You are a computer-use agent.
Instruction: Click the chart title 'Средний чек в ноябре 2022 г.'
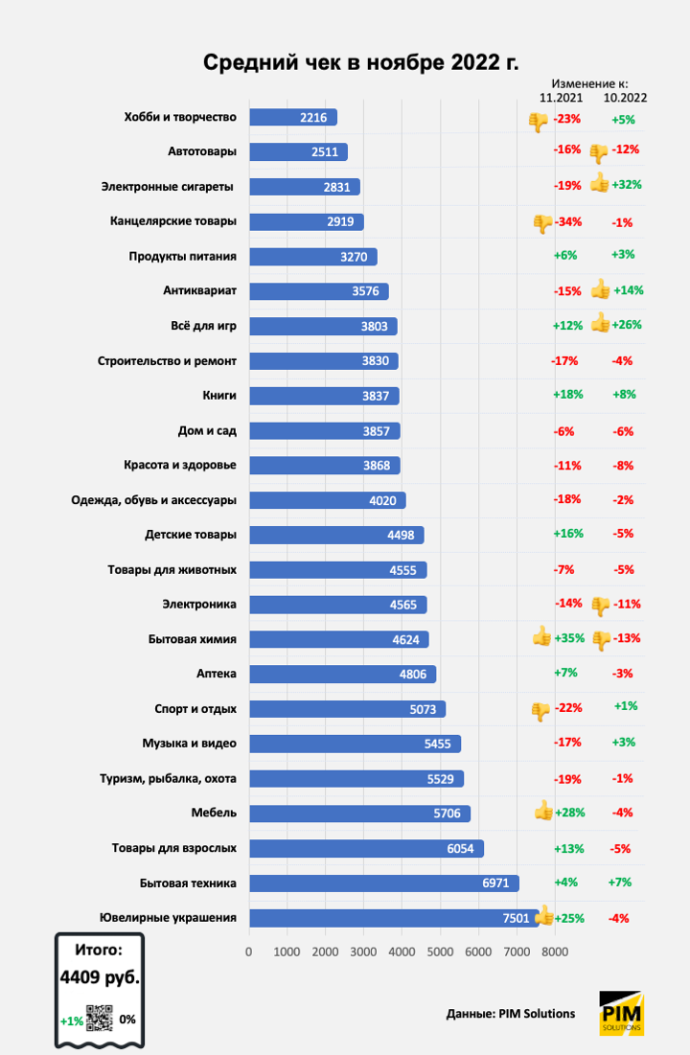[x=360, y=63]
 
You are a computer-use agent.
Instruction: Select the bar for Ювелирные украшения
[x=393, y=918]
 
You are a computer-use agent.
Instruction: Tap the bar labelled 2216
[x=293, y=117]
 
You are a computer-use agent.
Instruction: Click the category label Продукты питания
[x=183, y=256]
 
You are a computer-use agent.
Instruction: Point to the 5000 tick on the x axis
[x=439, y=952]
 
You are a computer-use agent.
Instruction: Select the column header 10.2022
[x=625, y=98]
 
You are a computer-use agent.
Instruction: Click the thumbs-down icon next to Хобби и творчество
[x=538, y=121]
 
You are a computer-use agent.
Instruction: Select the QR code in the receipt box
[x=100, y=1018]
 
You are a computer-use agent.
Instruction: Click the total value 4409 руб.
[x=99, y=979]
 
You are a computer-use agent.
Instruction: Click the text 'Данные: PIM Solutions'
[x=511, y=1014]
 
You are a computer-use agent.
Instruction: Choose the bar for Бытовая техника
[x=383, y=883]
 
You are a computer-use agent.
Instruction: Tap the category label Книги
[x=219, y=395]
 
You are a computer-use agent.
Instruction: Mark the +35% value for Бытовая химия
[x=569, y=638]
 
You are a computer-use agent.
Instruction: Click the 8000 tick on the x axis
[x=554, y=952]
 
